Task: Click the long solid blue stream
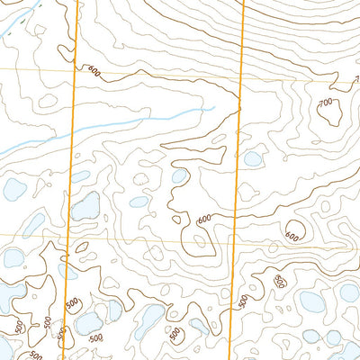[135, 122]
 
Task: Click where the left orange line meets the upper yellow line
[76, 70]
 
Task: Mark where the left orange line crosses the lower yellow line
[71, 237]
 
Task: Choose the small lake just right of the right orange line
[253, 159]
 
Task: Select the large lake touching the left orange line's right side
[86, 208]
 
